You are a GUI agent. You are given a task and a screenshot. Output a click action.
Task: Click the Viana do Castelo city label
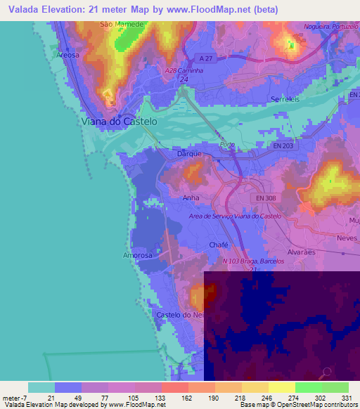pos(117,121)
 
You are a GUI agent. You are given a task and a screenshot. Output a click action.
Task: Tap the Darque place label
pos(190,152)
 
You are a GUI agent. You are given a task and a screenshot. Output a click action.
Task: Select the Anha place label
pos(191,198)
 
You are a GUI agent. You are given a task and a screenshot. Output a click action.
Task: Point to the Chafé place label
pos(219,245)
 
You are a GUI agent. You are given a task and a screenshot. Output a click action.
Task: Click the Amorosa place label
pos(138,255)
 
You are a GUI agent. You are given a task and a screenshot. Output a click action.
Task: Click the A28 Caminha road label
pos(183,71)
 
